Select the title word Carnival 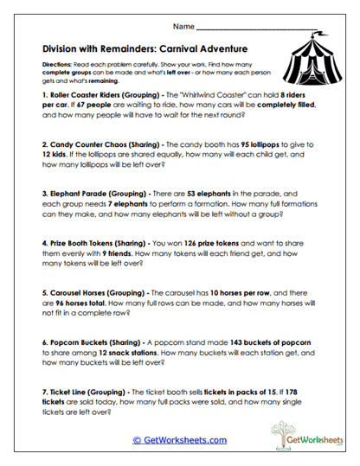pyautogui.click(x=185, y=50)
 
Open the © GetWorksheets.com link pyautogui.click(x=179, y=440)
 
